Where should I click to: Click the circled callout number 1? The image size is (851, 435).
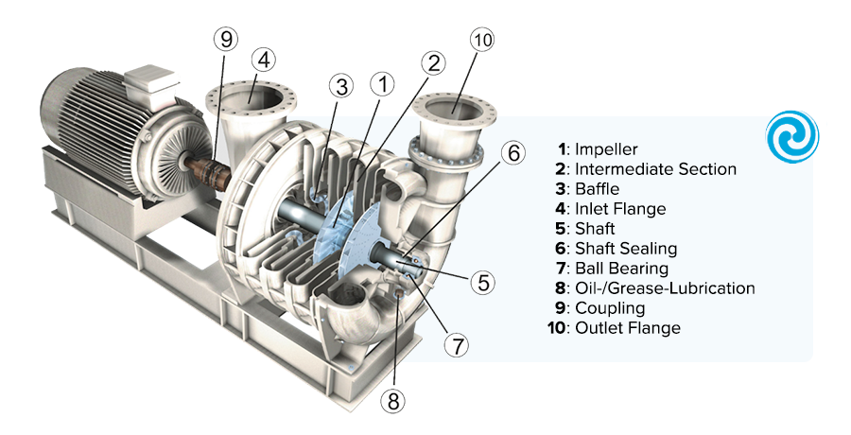point(383,84)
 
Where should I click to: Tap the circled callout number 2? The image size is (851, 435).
point(434,64)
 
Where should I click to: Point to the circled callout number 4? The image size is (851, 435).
point(264,60)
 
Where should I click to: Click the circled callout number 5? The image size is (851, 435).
point(482,281)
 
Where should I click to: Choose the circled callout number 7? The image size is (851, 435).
point(457,345)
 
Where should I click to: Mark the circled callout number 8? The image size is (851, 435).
point(393,400)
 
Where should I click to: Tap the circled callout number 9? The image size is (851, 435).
point(225,40)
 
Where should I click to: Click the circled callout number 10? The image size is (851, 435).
point(482,41)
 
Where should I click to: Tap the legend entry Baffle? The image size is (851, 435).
point(597,189)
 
